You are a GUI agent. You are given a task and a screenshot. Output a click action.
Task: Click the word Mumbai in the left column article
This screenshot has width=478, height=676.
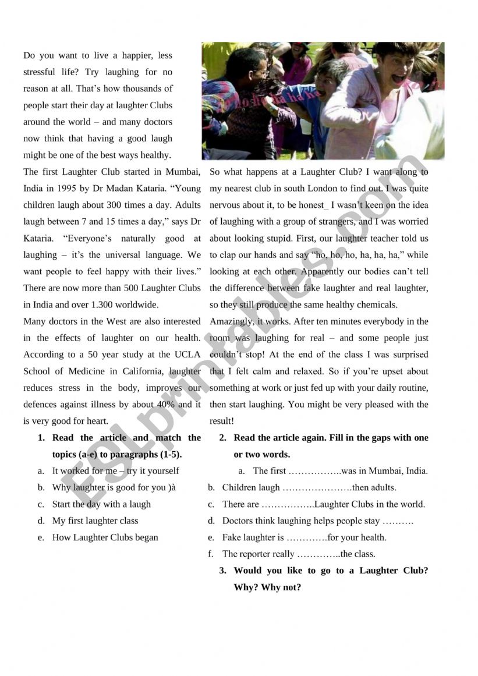[183, 172]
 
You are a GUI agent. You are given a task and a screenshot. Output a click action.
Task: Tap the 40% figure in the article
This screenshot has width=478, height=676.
[165, 404]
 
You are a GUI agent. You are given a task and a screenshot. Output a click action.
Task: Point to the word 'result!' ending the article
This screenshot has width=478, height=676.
[222, 420]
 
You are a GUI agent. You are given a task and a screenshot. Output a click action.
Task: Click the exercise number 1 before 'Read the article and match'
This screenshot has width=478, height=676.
[41, 438]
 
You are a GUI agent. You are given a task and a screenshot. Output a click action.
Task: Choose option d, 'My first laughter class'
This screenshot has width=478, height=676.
[95, 521]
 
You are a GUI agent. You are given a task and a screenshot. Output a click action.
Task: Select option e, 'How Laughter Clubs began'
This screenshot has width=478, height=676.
[105, 537]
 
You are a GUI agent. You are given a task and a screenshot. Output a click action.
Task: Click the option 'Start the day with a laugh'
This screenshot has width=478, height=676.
[101, 504]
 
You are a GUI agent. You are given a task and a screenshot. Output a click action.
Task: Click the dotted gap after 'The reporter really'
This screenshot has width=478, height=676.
[318, 554]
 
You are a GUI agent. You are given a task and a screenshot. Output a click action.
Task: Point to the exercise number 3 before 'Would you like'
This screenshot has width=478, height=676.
[222, 571]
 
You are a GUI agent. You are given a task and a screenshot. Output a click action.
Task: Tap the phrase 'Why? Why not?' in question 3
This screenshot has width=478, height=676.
[267, 587]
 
